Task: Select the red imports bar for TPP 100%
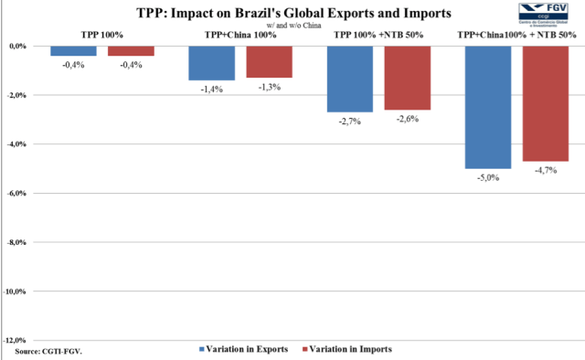[131, 50]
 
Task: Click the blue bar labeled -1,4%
[211, 63]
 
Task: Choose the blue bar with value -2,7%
[350, 79]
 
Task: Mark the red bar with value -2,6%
[408, 78]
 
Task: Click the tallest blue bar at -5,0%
[488, 107]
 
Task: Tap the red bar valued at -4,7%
[546, 103]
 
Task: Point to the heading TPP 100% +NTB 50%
[377, 34]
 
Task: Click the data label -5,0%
[488, 178]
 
